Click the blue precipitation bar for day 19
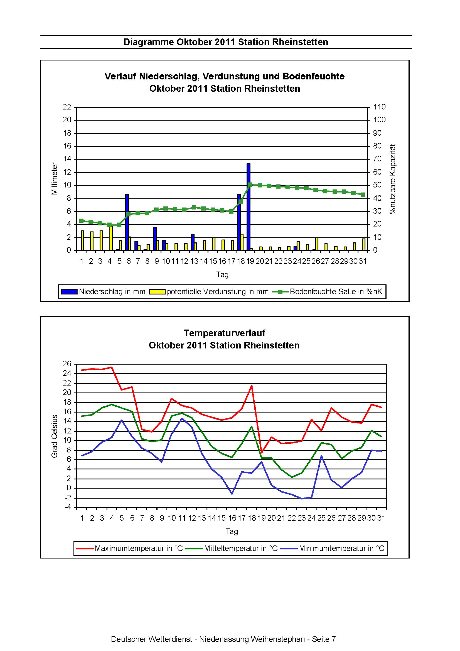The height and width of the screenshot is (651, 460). pos(248,207)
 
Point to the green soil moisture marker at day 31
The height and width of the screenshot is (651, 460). pos(363,195)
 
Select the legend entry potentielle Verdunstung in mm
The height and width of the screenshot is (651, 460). pos(209,292)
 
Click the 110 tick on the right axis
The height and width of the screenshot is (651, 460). pos(379,107)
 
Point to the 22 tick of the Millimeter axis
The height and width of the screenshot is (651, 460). pos(67,107)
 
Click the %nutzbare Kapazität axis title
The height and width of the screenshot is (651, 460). pos(392,179)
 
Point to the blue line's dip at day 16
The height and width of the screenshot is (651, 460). pos(232,494)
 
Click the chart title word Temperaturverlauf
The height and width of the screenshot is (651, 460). pos(225,333)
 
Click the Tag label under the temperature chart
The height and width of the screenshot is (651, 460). pos(232,531)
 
